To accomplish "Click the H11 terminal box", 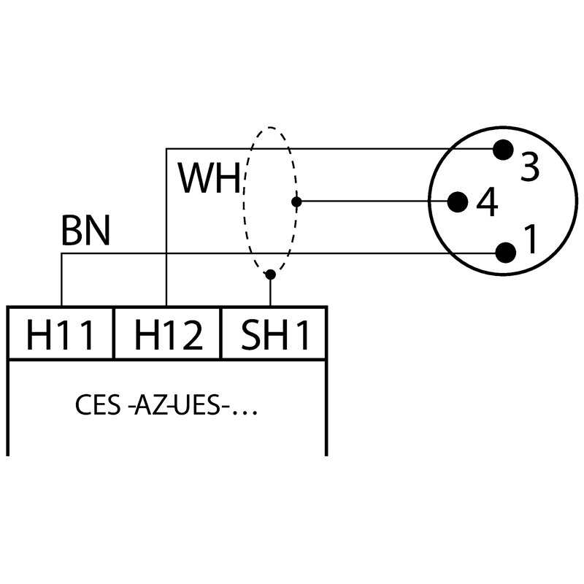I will click(x=61, y=334).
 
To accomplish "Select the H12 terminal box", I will click(x=167, y=334).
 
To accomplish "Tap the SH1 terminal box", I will click(x=274, y=334).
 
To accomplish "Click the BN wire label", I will click(x=85, y=231).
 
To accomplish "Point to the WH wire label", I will click(x=210, y=178).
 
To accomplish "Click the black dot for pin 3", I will click(x=502, y=150).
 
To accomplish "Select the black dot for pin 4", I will click(x=458, y=201).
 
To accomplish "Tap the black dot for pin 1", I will click(x=504, y=253).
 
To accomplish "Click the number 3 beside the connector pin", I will click(x=530, y=167).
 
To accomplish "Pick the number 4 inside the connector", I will click(x=487, y=203).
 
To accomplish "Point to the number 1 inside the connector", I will click(x=531, y=239).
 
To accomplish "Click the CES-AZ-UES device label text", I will click(x=166, y=406).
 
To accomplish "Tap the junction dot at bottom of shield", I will click(x=270, y=274).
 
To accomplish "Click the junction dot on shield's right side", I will click(x=296, y=201).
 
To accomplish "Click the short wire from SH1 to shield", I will click(x=270, y=291).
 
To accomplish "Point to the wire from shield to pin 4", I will click(x=372, y=201).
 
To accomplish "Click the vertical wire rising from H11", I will click(x=61, y=281).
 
